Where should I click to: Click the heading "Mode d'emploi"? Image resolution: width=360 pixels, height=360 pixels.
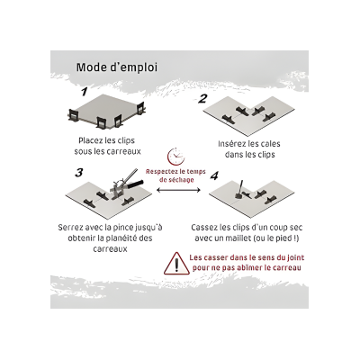117,67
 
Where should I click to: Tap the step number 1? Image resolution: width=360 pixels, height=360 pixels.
85,91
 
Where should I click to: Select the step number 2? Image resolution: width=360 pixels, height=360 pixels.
202,98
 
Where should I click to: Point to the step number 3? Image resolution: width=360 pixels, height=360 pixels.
78,173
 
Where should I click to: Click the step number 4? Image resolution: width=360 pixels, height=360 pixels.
214,175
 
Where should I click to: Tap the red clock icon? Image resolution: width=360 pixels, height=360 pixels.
175,156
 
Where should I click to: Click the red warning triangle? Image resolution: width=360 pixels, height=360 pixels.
176,264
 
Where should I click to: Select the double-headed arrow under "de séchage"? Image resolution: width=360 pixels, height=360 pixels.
178,190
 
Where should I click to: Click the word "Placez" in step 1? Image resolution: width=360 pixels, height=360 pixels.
90,140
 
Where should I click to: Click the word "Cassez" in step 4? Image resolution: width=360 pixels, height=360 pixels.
204,228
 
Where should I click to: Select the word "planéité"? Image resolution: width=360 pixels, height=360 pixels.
121,238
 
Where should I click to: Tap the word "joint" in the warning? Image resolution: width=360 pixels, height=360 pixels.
295,257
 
